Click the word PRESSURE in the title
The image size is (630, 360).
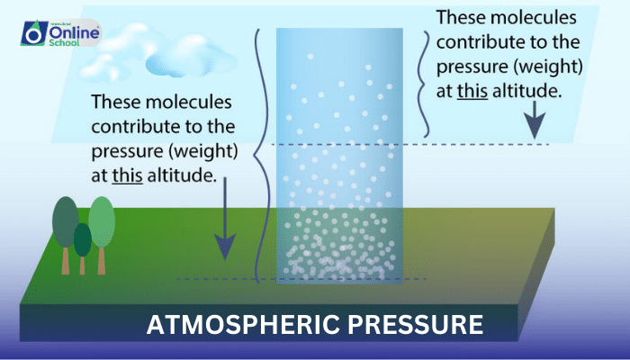point(409,325)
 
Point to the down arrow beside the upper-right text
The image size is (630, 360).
point(535,119)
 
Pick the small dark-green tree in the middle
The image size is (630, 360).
point(83,239)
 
